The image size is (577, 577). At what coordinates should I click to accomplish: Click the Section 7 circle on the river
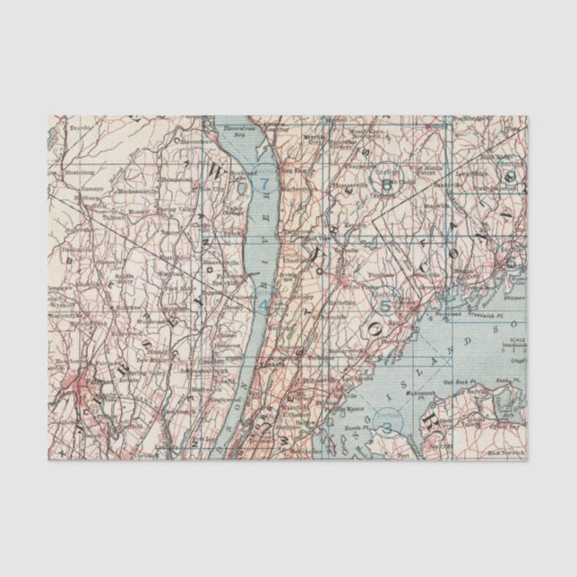pos(264,186)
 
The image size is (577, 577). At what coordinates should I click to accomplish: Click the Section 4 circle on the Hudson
pos(263,301)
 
